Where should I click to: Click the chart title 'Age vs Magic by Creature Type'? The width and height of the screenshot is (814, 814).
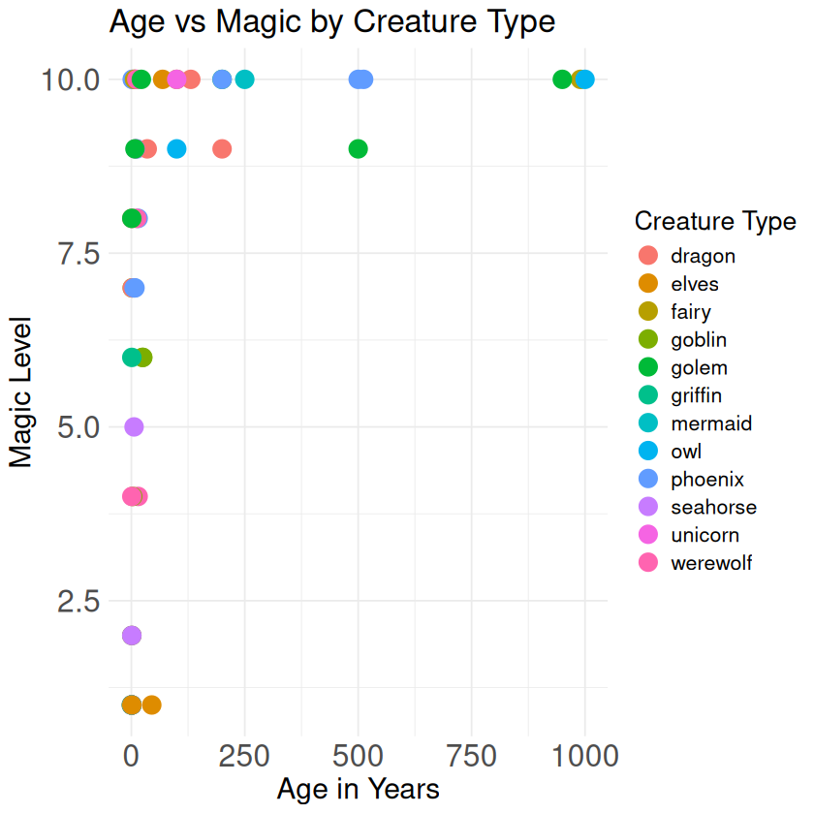point(332,21)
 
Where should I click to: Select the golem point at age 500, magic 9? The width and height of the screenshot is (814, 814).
point(358,148)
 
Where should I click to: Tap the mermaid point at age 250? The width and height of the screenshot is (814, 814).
point(244,78)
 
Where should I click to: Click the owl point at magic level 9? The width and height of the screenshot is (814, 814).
point(176,148)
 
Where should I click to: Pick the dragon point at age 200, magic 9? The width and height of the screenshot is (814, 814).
point(222,148)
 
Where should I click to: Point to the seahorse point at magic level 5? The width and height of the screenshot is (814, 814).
point(134,426)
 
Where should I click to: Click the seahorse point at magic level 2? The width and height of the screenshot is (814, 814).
point(132,636)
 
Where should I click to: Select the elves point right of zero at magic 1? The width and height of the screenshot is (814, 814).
point(151,704)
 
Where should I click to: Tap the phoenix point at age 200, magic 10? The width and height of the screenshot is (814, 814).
point(222,78)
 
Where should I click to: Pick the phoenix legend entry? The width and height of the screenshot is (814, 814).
point(706,479)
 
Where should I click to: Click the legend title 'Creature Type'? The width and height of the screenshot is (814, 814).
point(715,222)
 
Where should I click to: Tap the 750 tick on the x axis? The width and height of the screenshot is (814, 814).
point(471,755)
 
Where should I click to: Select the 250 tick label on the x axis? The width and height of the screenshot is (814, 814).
point(244,755)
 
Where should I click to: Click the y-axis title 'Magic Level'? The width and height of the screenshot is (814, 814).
point(21,391)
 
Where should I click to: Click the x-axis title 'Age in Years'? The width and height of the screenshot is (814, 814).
point(358,789)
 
